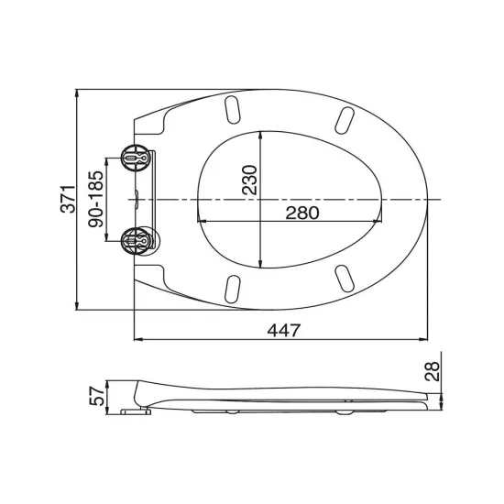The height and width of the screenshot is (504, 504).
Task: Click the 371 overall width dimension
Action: pos(68,199)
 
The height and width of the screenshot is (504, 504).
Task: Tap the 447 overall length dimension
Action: pos(284,330)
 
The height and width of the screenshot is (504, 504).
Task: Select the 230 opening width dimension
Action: pos(249,180)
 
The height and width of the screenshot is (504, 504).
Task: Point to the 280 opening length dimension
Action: pos(302,213)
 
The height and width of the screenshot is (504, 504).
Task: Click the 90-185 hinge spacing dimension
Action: pos(96,199)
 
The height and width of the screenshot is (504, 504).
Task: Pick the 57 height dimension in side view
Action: pos(96,396)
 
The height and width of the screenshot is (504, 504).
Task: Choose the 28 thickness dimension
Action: pos(432,371)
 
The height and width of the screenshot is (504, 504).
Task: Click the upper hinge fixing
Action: pos(136,158)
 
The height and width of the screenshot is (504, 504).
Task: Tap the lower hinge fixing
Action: pos(136,240)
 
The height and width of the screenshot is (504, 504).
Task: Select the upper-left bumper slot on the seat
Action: pos(233,110)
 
